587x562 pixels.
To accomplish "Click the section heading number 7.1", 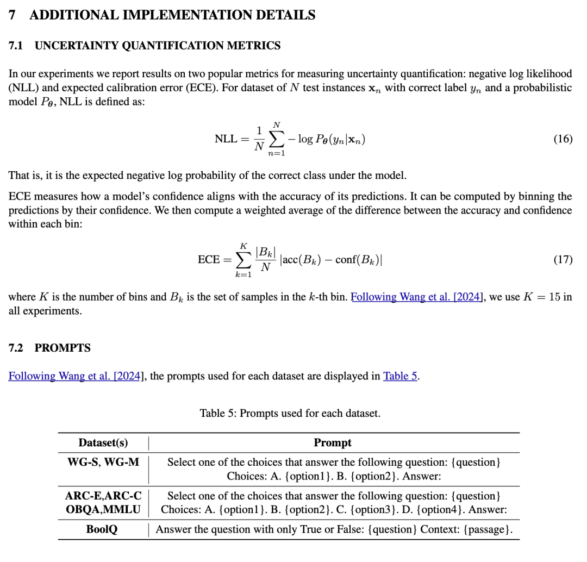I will point(15,46).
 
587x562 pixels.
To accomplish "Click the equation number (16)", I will point(563,139).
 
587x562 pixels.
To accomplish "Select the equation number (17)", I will point(563,259).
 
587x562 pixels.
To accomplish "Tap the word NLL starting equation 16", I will point(226,139).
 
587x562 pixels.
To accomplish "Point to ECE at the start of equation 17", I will point(209,259).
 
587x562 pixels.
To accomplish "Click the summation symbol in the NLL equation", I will point(277,139).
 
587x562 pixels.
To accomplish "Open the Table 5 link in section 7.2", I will point(400,376).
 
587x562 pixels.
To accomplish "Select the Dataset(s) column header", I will point(103,442).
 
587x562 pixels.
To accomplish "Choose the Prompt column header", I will point(333,442).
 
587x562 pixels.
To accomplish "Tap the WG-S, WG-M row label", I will point(103,462).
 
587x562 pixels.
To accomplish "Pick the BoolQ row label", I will point(102,529).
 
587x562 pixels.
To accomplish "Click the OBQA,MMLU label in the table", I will point(103,509).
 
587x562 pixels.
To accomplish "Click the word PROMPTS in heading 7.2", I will point(63,348).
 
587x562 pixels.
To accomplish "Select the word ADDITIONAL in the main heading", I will point(72,15).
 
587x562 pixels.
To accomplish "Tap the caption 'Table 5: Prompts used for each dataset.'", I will point(290,413).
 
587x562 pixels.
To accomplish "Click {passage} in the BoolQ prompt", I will point(488,529).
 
